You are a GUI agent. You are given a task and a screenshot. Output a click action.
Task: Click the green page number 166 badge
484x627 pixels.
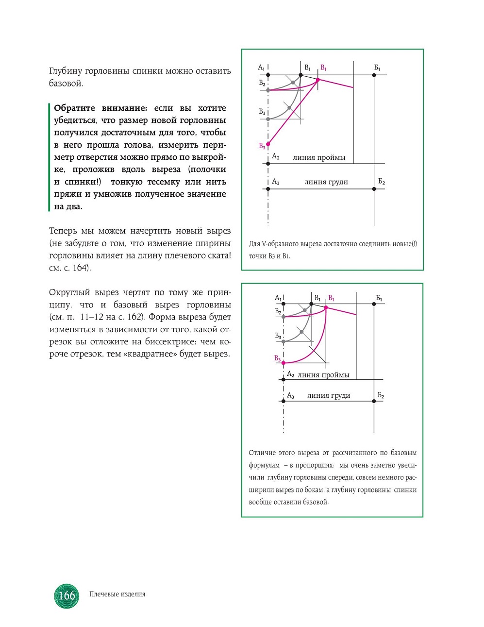click(67, 595)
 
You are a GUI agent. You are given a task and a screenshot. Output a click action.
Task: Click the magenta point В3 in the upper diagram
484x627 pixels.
click(268, 144)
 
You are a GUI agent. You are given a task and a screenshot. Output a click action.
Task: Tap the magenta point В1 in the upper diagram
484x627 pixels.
click(318, 79)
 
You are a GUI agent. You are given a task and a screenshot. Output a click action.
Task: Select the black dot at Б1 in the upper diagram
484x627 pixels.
click(374, 75)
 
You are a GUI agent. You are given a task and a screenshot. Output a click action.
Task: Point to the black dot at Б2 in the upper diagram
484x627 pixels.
click(374, 189)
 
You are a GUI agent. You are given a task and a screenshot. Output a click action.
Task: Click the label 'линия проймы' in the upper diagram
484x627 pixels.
click(319, 157)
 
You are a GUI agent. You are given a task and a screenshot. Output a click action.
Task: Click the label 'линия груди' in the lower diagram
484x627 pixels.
click(329, 395)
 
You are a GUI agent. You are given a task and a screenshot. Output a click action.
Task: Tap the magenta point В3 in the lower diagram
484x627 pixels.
click(284, 363)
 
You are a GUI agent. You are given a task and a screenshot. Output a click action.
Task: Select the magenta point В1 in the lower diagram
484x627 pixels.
click(326, 307)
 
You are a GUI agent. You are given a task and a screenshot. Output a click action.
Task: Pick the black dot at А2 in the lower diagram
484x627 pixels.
click(284, 379)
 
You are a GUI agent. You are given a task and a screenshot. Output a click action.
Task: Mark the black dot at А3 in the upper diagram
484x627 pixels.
click(268, 189)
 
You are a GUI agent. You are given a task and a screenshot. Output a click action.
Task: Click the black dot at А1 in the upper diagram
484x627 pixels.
click(268, 75)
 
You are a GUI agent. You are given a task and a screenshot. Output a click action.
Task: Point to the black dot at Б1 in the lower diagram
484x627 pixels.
click(374, 304)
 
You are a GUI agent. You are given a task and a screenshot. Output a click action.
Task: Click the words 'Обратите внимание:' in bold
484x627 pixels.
click(100, 108)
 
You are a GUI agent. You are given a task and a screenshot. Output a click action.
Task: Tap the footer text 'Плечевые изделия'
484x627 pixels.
click(117, 594)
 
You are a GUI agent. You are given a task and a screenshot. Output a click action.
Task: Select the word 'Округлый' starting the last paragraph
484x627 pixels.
click(69, 292)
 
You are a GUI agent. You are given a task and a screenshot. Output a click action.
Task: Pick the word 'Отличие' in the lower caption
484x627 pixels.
click(262, 453)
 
